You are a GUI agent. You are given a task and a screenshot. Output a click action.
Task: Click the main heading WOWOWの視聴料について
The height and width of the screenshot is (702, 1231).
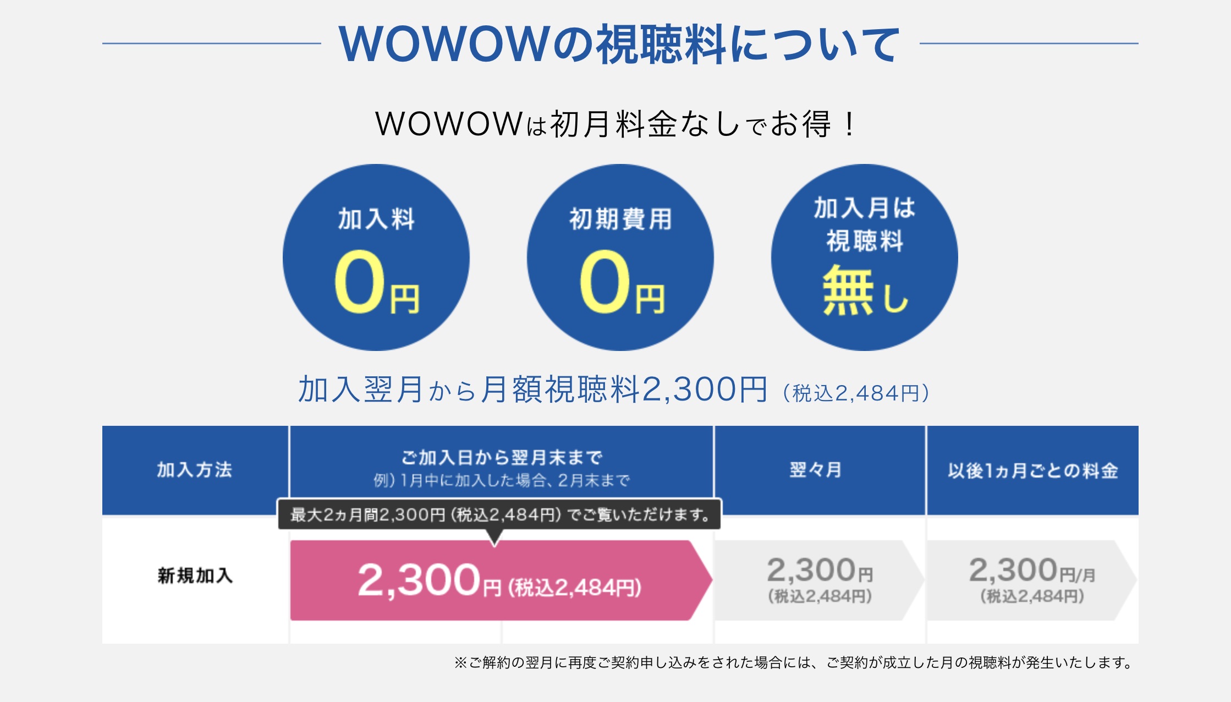(x=619, y=43)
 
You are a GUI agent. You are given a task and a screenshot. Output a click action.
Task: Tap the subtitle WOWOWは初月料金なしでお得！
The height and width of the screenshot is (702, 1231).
(x=615, y=124)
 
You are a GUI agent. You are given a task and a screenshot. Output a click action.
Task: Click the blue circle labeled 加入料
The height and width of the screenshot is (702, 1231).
(x=376, y=257)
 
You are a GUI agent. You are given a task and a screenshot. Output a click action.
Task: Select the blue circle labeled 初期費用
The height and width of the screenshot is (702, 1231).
(x=620, y=257)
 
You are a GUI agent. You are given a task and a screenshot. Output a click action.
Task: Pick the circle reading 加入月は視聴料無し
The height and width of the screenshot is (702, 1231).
(x=865, y=257)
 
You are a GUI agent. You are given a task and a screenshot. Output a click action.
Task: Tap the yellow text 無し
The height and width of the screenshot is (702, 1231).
(x=865, y=290)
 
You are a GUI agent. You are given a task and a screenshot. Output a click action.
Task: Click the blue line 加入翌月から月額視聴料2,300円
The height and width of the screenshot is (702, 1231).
(x=532, y=390)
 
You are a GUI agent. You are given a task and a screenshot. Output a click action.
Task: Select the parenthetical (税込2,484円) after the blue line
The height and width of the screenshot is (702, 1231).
(x=856, y=393)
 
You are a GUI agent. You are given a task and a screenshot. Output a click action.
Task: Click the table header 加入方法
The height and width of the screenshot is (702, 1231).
(x=195, y=470)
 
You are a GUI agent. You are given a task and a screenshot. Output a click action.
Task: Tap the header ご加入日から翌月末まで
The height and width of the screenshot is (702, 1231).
(x=502, y=457)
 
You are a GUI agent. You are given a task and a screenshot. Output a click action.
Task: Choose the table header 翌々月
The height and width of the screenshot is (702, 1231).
(x=816, y=470)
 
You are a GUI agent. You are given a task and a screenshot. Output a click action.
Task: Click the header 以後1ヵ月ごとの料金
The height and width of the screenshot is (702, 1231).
(x=1033, y=470)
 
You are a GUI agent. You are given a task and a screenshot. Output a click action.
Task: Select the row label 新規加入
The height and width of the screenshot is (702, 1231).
(x=195, y=575)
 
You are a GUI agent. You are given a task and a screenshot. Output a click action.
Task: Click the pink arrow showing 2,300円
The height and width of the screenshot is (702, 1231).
(x=501, y=580)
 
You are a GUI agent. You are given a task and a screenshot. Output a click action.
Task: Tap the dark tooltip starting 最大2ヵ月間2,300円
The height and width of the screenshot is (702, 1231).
(x=499, y=515)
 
